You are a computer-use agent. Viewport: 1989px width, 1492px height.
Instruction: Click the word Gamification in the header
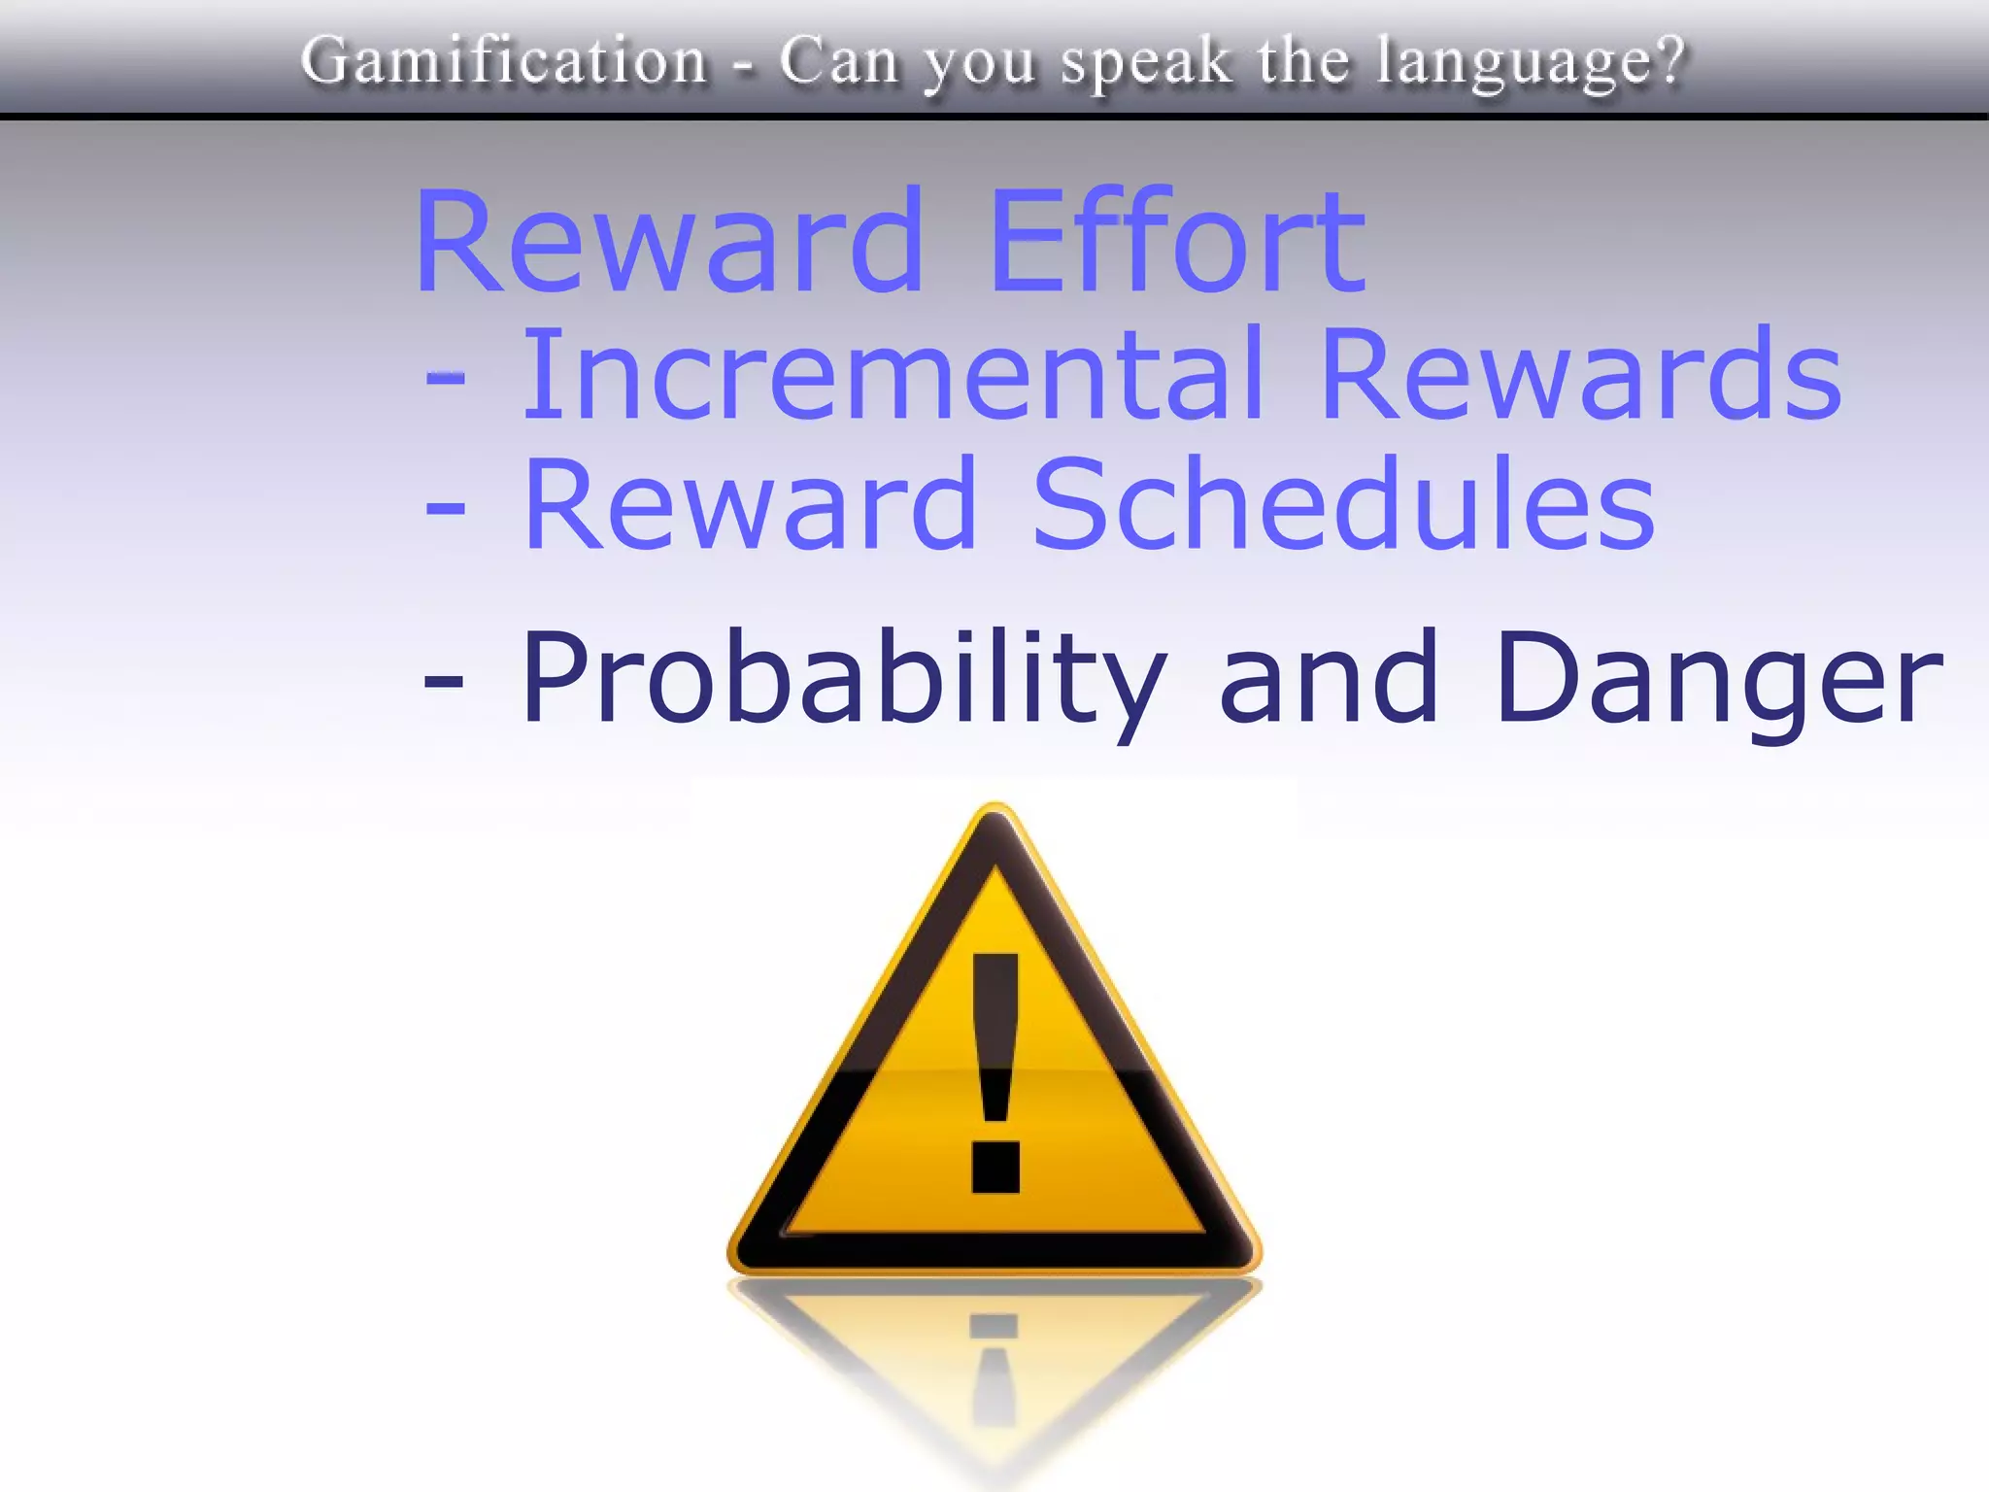coord(504,61)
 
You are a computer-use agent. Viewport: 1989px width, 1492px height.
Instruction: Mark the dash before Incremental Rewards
coord(445,379)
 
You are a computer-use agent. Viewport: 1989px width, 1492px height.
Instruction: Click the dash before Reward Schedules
coord(445,508)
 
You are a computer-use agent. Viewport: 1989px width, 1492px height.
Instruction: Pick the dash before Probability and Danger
coord(444,681)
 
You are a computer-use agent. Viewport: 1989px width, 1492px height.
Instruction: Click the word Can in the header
coord(839,61)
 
